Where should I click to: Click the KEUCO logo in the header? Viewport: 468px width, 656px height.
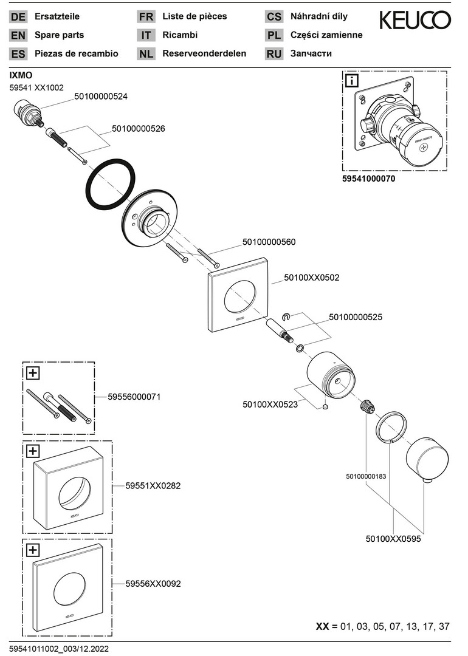[415, 21]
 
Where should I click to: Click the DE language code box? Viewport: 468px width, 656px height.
[18, 17]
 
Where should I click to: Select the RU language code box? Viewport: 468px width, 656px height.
[274, 54]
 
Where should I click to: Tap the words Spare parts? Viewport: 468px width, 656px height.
[60, 35]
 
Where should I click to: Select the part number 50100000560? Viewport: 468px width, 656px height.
[269, 242]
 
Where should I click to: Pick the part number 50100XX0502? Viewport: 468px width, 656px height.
[312, 278]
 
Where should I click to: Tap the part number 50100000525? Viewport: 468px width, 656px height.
[356, 317]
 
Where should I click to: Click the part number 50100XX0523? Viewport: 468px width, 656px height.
[270, 404]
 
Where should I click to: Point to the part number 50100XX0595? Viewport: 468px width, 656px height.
[393, 538]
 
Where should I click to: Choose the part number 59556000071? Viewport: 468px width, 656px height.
[134, 396]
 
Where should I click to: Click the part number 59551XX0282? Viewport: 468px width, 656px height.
[153, 486]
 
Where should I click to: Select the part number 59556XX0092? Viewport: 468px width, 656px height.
[153, 584]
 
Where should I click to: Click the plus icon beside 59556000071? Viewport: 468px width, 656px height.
[33, 372]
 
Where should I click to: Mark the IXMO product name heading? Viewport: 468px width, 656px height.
[20, 75]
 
